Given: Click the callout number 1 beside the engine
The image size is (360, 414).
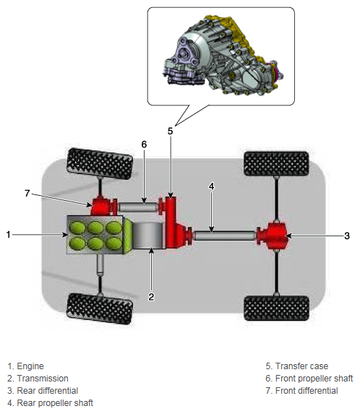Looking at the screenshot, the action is click(x=9, y=235).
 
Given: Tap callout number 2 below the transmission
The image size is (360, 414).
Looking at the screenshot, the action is click(x=151, y=297).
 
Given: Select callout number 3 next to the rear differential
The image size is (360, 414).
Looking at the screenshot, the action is click(x=347, y=236).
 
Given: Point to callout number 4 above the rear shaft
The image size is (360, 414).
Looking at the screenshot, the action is click(x=211, y=186).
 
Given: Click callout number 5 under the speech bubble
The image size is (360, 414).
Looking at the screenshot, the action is click(x=171, y=131).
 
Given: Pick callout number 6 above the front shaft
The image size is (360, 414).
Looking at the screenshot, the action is click(x=144, y=145).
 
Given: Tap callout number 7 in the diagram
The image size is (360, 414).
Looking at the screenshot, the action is click(x=27, y=193).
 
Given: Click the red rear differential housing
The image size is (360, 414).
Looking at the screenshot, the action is click(x=272, y=236).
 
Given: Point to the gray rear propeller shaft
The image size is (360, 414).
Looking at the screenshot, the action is click(x=225, y=236).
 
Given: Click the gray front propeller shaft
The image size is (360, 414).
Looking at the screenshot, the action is click(x=138, y=207).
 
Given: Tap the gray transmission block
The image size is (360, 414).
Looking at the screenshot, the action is click(x=149, y=236).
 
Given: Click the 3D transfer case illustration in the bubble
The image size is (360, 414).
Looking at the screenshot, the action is click(x=223, y=55).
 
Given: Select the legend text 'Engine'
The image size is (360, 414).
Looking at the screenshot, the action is click(x=30, y=366).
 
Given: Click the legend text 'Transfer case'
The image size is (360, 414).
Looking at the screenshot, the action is click(x=301, y=366).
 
